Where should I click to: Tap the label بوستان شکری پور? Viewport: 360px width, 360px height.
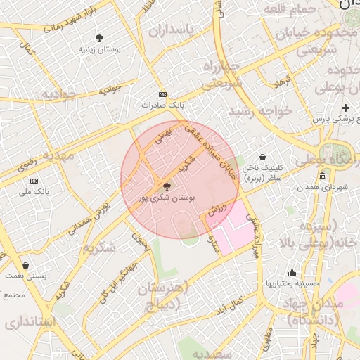[x=166, y=198]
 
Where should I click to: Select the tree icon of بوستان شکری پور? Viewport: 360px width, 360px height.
[x=167, y=186]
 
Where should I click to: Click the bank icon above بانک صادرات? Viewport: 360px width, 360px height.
[x=163, y=94]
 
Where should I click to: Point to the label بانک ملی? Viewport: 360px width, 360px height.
[x=34, y=191]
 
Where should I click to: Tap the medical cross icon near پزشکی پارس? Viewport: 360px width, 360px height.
[x=345, y=108]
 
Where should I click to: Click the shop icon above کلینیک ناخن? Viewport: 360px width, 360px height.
[x=262, y=157]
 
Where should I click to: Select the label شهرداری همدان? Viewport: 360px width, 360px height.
[x=323, y=188]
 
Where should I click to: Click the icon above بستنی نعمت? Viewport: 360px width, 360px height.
[x=26, y=266]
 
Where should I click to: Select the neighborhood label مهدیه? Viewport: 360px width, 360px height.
[x=58, y=155]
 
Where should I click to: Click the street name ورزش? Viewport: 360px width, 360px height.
[x=218, y=209]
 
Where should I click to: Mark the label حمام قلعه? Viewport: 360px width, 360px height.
[x=288, y=8]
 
